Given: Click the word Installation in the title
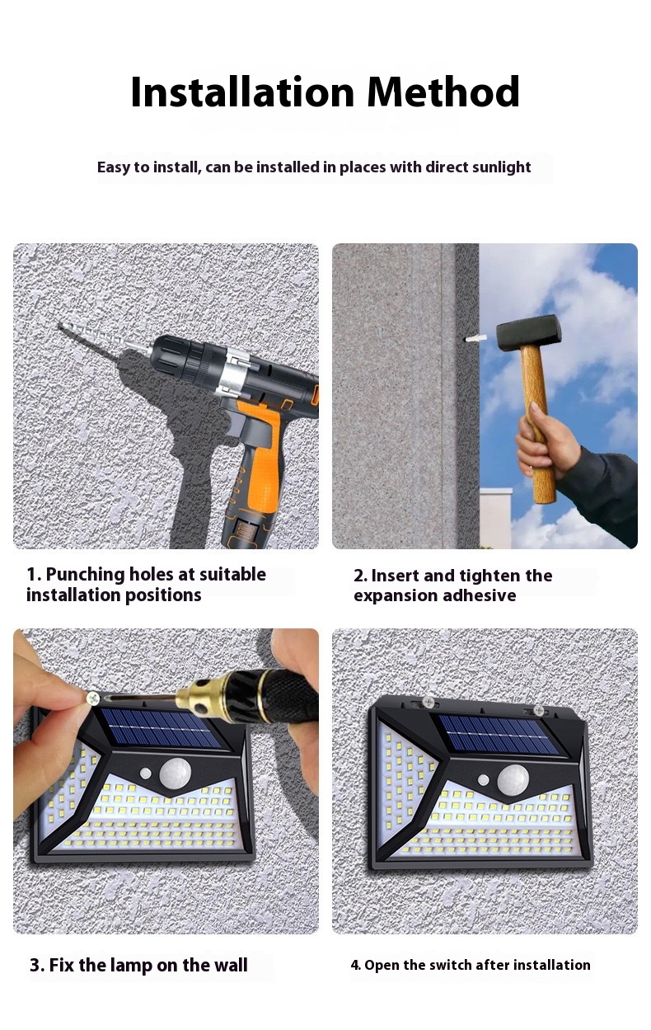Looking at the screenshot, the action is click(x=242, y=92).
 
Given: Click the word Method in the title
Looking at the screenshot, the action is click(x=443, y=92).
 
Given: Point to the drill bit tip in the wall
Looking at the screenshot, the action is click(x=59, y=326).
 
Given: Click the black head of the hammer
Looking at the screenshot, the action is click(x=529, y=332).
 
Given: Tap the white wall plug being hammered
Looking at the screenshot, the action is click(x=476, y=338).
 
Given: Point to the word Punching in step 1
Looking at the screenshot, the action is click(x=86, y=575).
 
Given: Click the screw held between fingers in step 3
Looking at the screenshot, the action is click(x=94, y=699).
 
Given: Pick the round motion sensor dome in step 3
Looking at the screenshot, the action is click(x=176, y=773).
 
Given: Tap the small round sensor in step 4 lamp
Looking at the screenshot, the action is click(x=484, y=779).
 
